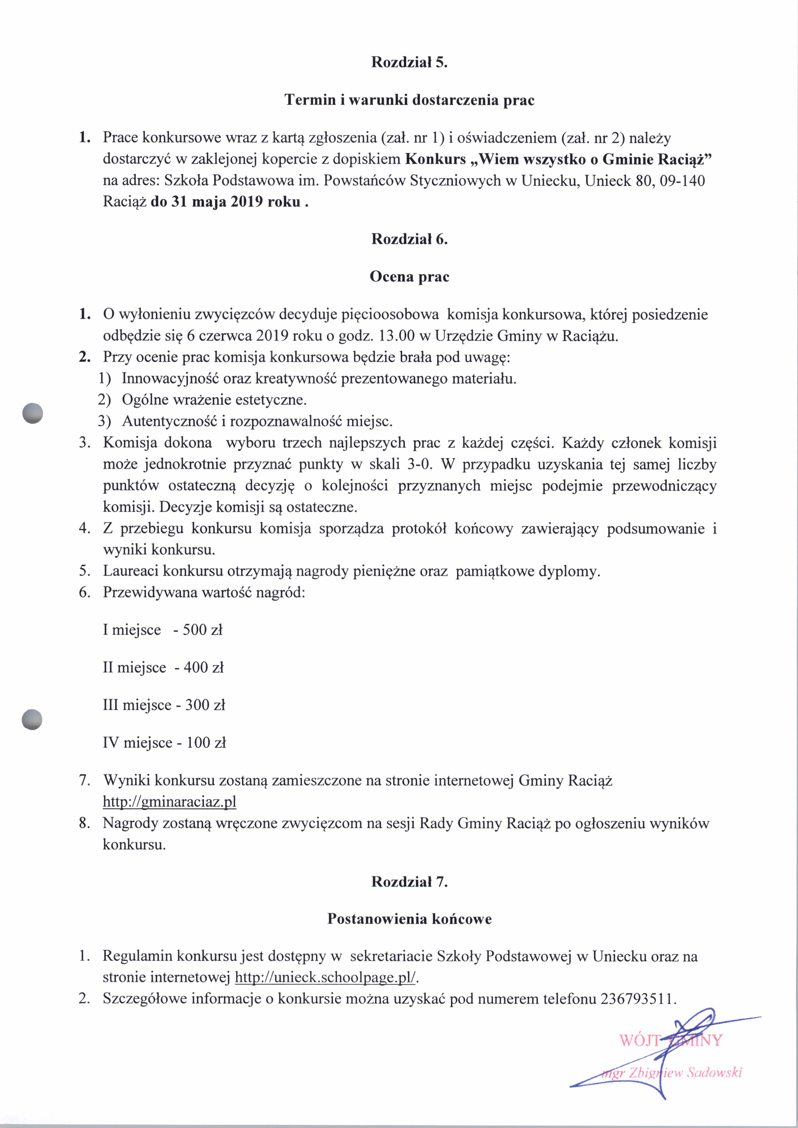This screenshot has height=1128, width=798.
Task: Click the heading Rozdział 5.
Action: [409, 62]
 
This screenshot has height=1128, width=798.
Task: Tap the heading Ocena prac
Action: [409, 277]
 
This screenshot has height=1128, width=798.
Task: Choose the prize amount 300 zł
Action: [205, 705]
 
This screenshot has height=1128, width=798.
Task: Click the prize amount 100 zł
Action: [206, 742]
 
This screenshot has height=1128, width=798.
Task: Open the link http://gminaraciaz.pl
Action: [170, 802]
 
